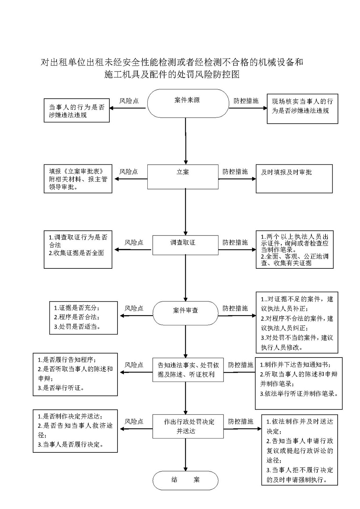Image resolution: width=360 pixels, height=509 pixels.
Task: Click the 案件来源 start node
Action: tap(188, 103)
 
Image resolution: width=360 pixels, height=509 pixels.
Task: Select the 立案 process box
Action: tap(183, 177)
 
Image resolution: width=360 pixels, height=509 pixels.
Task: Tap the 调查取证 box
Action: tap(185, 245)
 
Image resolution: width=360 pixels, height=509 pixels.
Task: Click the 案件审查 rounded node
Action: tap(185, 313)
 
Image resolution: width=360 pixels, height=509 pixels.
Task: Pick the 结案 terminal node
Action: tap(185, 480)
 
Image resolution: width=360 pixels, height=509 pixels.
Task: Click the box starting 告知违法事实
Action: tap(188, 370)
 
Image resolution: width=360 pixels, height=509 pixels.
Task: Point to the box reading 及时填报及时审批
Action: tap(294, 179)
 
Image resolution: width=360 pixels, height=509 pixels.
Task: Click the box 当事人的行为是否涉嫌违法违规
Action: tap(77, 110)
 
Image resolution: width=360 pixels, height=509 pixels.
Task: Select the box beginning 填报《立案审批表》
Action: tap(78, 179)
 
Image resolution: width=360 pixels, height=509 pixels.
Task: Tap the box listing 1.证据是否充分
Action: tap(84, 318)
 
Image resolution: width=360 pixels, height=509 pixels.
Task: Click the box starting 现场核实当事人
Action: tap(302, 109)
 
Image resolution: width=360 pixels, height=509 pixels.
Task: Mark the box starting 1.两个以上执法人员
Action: tap(295, 249)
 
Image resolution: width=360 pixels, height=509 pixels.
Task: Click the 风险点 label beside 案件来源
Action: tap(129, 101)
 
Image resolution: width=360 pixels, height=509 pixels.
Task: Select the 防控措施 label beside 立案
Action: tap(235, 171)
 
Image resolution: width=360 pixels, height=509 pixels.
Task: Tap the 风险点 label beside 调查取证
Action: tap(134, 242)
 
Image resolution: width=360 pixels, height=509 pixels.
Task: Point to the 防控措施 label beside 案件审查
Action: tap(235, 308)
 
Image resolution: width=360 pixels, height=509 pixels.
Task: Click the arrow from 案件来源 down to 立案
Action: tap(186, 141)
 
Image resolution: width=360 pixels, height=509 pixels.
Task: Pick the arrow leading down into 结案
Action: tap(186, 455)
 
